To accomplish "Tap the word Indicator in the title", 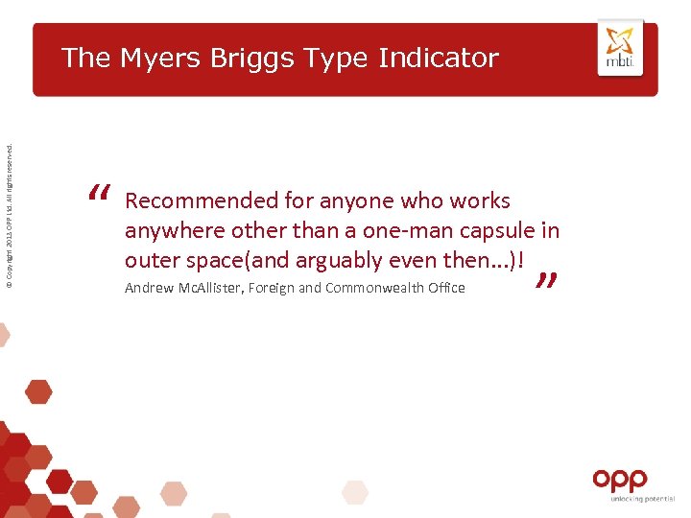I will tap(439, 58).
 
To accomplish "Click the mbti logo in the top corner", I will tap(620, 48).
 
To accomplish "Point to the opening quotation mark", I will tap(99, 195).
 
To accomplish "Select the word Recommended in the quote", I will tap(201, 201).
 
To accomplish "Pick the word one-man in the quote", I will tap(402, 231).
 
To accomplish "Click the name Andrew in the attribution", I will tap(148, 288).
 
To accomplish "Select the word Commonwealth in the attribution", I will tap(369, 288).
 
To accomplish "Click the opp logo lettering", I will tap(620, 480).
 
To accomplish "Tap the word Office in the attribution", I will tap(445, 288).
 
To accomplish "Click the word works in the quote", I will tap(481, 201).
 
